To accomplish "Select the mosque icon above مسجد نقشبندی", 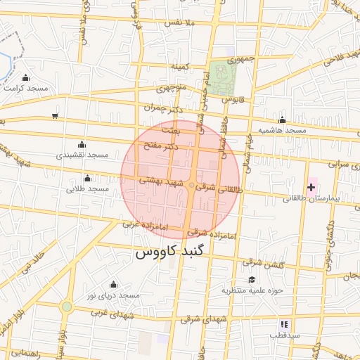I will [81, 144].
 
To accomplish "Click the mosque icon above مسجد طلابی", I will [87, 179].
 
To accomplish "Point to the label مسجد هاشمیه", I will [282, 130].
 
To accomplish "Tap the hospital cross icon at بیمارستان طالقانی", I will [311, 188].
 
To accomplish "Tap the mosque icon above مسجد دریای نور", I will [113, 285].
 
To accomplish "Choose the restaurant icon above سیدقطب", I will [284, 324].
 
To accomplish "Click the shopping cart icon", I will [55, 116].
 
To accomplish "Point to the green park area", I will [224, 79].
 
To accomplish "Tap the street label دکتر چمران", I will [162, 109].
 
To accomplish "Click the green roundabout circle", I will [66, 307].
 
